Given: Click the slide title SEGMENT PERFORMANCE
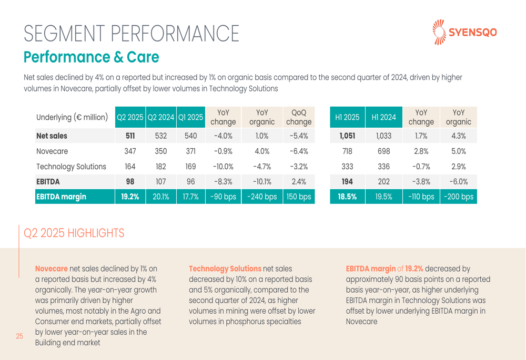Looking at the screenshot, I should click(x=131, y=35).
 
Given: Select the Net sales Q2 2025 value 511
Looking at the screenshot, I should click(x=130, y=136).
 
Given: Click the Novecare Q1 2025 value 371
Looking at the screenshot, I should click(x=190, y=151).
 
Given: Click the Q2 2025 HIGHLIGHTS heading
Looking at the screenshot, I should click(x=75, y=232).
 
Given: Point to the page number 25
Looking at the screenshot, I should click(x=19, y=336).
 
